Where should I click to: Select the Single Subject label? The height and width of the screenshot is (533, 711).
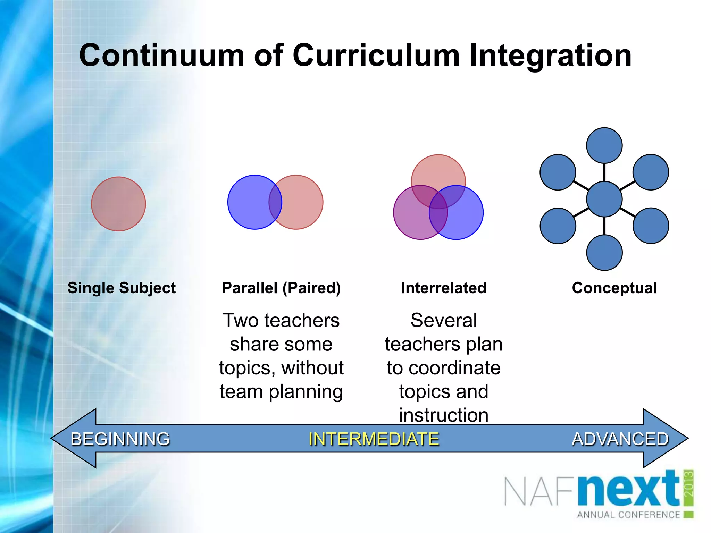[x=122, y=288]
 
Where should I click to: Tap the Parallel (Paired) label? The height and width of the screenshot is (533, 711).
[x=281, y=288]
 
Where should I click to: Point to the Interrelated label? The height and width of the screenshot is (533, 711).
[x=443, y=288]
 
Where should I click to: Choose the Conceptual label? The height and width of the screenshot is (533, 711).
[x=614, y=288]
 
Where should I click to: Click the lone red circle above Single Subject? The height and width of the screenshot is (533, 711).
[x=118, y=204]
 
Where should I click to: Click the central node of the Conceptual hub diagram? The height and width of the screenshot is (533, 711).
[x=604, y=199]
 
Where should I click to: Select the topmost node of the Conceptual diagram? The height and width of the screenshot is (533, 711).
[x=604, y=145]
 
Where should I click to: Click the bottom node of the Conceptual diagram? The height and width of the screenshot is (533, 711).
[x=604, y=253]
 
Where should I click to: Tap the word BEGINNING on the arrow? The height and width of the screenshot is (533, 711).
[x=120, y=439]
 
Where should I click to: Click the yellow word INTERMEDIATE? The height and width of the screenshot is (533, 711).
[x=374, y=439]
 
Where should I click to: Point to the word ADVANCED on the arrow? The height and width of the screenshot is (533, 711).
[x=620, y=439]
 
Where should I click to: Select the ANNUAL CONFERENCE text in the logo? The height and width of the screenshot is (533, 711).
[x=628, y=515]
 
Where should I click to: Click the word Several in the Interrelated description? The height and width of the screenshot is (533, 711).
[x=443, y=320]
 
